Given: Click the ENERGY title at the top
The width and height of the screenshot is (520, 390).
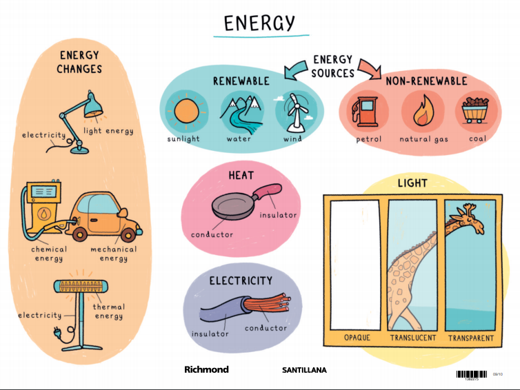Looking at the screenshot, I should tap(260, 23).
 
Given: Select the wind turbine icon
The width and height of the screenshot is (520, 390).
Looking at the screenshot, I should tap(294, 112).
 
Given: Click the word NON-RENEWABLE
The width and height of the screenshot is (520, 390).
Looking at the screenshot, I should tap(426, 81).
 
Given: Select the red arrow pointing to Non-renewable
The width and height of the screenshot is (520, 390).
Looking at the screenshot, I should tap(370, 68).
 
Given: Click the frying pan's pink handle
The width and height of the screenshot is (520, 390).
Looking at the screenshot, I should tap(268, 191).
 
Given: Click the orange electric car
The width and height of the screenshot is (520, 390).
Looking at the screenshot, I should tap(107, 214).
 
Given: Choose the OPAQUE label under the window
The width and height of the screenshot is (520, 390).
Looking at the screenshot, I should tap(357, 338).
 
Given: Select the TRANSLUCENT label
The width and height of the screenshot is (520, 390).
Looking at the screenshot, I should tap(413, 338).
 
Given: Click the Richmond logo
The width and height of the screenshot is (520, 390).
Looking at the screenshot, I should tap(206, 370).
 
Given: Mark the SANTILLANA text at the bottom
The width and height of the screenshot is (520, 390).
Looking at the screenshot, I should tap(304, 370).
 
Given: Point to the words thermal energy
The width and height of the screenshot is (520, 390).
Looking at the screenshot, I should tap(108, 311).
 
